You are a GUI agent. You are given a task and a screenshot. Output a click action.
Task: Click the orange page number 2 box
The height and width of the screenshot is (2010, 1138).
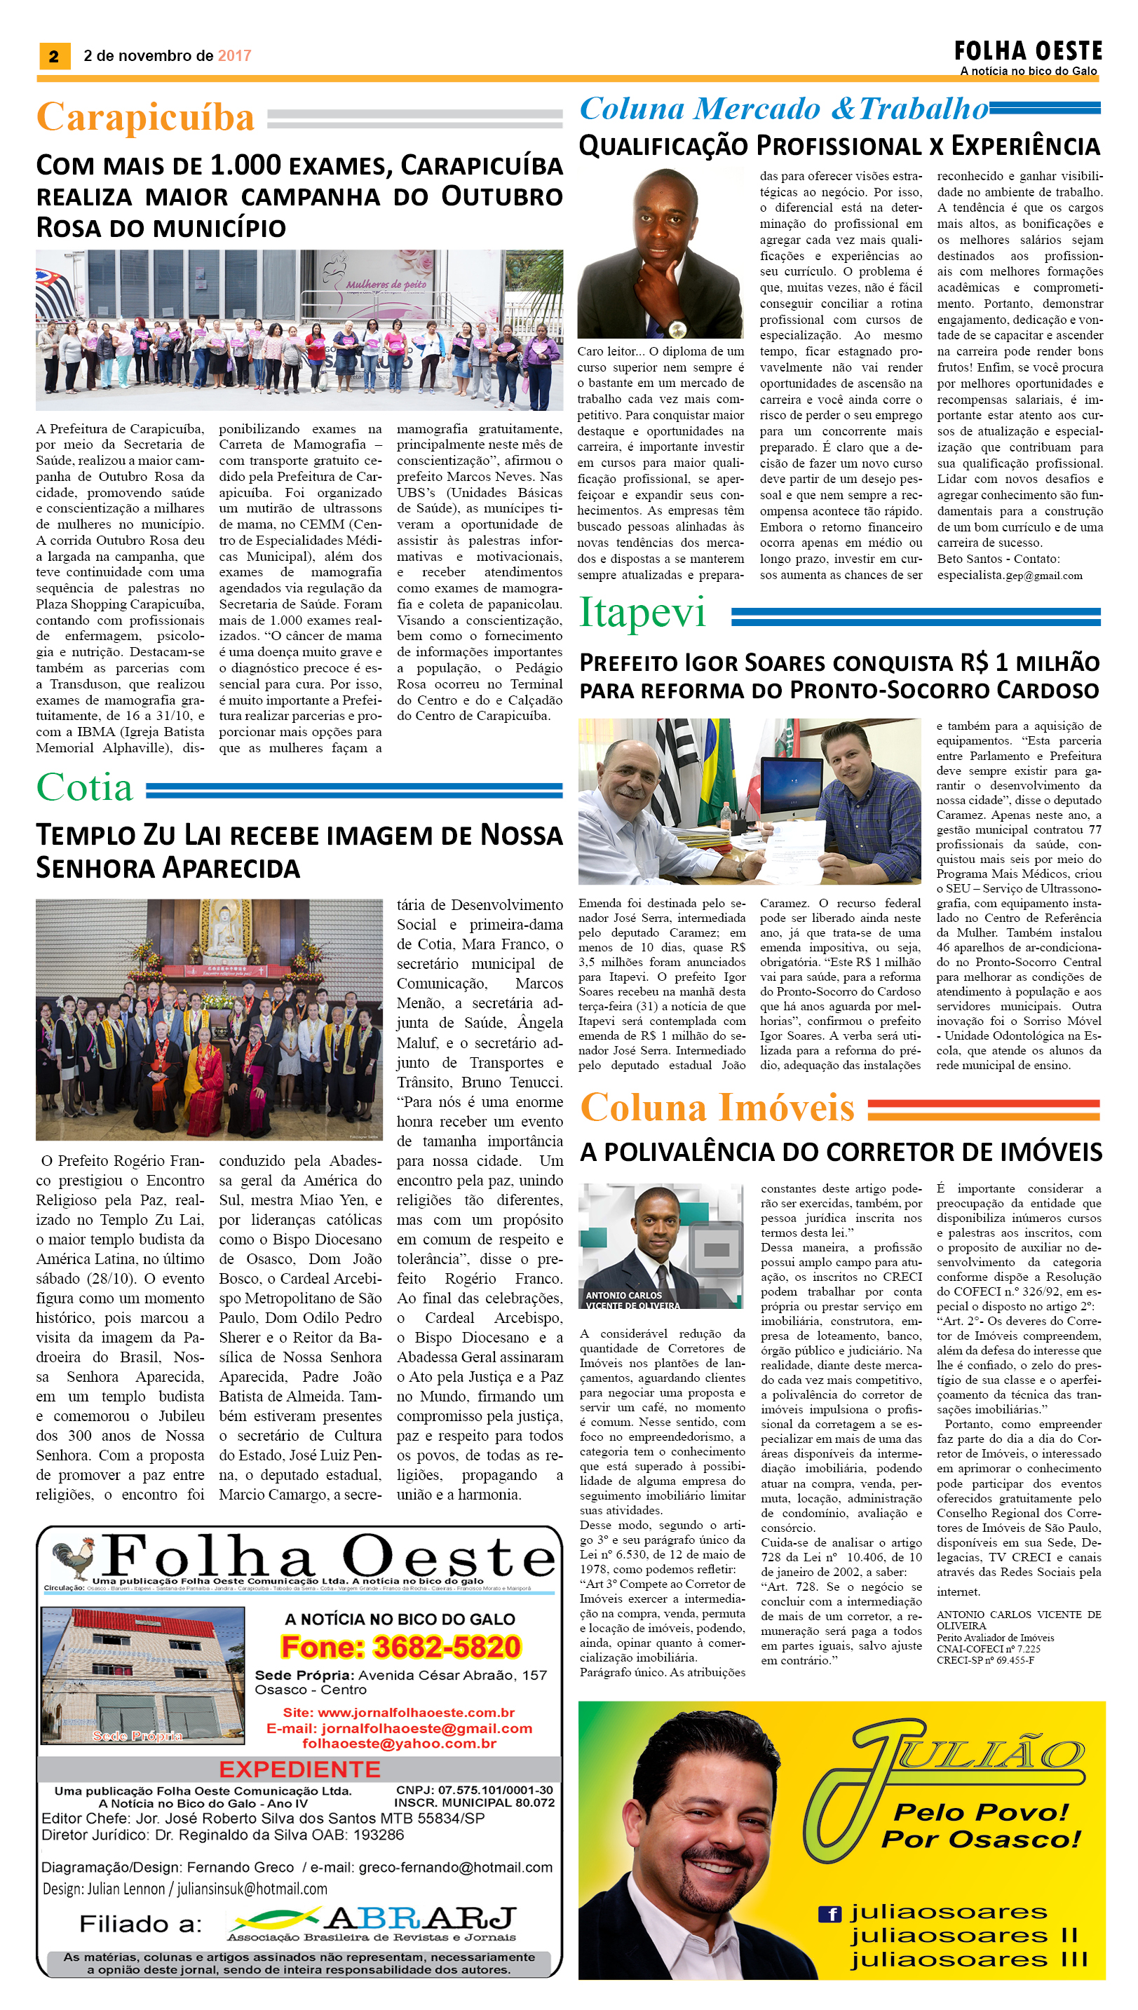[x=54, y=55]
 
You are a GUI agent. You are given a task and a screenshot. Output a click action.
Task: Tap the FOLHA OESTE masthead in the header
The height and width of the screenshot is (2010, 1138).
[x=1027, y=52]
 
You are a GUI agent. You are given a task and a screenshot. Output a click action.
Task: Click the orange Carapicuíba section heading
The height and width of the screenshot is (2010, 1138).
[x=145, y=117]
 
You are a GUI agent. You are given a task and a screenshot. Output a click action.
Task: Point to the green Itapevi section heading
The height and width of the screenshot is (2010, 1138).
[x=642, y=613]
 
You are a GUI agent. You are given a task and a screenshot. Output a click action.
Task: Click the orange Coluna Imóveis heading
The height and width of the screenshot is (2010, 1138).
[x=717, y=1108]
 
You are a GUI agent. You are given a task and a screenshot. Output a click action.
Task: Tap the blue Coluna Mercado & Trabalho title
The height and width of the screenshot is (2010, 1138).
[x=783, y=109]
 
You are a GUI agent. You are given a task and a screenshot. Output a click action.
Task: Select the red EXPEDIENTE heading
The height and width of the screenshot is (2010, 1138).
[x=299, y=1770]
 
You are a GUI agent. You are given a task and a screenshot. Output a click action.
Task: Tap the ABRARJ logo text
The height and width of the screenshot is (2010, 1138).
[x=421, y=1920]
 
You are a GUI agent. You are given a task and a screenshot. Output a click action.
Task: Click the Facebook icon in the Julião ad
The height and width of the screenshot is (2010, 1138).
[x=829, y=1914]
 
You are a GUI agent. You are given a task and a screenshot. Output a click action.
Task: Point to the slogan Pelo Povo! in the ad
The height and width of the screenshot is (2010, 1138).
[x=980, y=1812]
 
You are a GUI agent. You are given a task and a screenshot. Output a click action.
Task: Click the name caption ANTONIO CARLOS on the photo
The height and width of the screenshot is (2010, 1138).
[x=624, y=1295]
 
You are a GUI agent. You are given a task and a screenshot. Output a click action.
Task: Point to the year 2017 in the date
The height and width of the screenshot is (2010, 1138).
[x=234, y=55]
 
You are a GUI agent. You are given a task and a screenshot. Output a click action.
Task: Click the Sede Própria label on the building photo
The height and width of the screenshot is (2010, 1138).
[x=137, y=1736]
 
